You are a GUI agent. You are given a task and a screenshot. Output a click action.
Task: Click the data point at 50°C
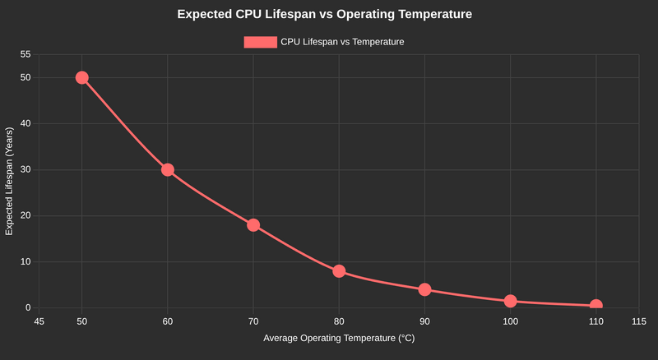coord(81,77)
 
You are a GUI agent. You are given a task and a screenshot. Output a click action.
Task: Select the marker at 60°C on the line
coord(168,169)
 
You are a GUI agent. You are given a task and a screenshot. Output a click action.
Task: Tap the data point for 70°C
coord(253,225)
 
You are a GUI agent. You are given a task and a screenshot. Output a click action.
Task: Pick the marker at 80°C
coord(339,271)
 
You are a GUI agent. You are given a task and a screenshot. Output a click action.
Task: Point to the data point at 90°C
coord(424,289)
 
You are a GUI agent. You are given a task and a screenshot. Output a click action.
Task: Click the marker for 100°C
coord(510,302)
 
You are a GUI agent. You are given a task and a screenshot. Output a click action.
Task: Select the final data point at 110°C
coord(595,306)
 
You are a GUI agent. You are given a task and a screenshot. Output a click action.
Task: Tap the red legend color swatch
coord(260,42)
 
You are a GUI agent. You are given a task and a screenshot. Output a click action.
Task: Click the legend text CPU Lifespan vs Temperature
coord(342,42)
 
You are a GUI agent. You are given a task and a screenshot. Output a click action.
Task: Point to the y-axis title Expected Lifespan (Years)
coord(10,181)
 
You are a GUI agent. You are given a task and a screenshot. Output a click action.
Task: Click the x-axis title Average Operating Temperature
coord(339,339)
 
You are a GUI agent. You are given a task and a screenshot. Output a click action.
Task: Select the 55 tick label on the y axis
coord(25,54)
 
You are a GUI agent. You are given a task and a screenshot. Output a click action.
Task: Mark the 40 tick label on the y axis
coord(25,123)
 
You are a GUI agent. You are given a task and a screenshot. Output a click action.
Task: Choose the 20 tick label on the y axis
coord(25,215)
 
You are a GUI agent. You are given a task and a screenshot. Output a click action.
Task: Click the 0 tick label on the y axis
coord(28,307)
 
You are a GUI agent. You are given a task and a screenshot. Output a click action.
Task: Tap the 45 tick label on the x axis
coord(39,321)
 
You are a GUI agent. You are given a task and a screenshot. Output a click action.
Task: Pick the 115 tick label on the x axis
coord(638,321)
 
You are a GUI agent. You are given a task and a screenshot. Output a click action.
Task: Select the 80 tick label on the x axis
coord(339,321)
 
